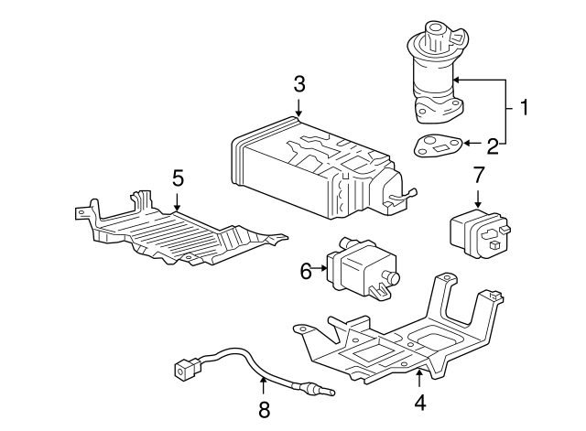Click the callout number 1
(x=524, y=110)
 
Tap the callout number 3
(x=298, y=85)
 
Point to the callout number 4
(x=419, y=401)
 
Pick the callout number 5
(x=178, y=177)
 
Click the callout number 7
(x=477, y=175)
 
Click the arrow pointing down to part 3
(x=298, y=107)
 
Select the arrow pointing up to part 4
(x=419, y=377)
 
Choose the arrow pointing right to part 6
(x=320, y=269)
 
